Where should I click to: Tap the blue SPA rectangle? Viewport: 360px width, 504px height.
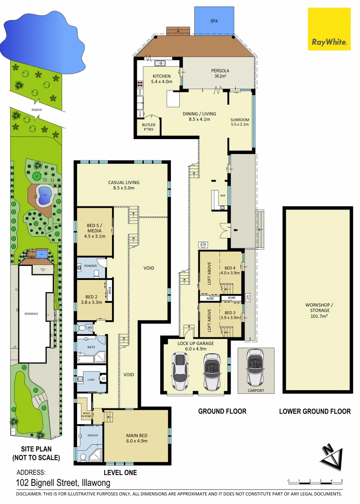coord(214,21)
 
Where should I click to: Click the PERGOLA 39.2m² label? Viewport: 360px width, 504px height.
coord(220,73)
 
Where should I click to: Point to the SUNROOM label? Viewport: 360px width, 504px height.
coord(240,123)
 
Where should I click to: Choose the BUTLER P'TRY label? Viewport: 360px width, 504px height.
coord(148,127)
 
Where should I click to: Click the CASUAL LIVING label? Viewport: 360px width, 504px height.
coord(124,185)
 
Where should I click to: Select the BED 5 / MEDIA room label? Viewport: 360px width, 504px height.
coord(96,231)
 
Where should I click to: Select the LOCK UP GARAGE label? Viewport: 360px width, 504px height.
coord(195,346)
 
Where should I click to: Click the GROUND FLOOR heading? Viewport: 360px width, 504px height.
coord(222,411)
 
